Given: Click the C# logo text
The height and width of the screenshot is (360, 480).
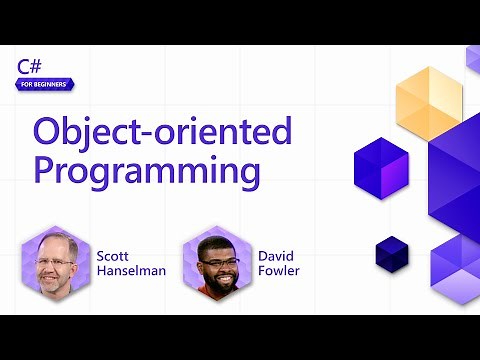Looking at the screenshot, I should (29, 66).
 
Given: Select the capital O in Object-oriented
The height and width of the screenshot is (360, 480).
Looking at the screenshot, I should (48, 131).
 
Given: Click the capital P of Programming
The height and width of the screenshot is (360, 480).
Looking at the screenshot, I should (45, 168).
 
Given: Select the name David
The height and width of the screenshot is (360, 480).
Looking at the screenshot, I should (277, 255).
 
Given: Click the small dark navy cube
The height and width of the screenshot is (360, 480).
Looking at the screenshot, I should (392, 252).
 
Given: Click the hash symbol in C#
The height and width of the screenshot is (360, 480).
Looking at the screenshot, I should (35, 66).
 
